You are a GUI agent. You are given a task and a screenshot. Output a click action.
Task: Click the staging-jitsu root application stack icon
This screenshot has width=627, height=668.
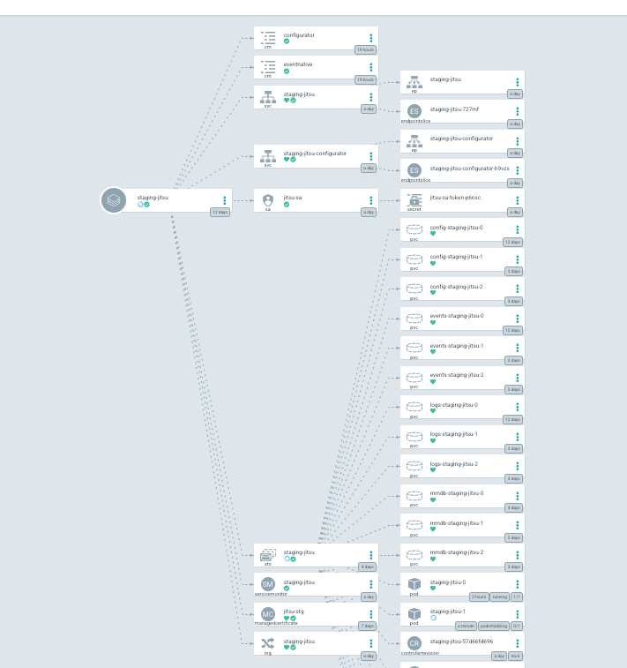[x=114, y=200]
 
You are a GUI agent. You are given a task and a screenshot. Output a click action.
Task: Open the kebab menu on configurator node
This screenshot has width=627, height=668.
[x=371, y=38]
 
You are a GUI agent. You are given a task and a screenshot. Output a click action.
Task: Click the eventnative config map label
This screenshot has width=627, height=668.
[x=297, y=64]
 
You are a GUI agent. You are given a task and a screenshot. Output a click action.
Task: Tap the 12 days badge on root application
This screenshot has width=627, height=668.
[x=220, y=213]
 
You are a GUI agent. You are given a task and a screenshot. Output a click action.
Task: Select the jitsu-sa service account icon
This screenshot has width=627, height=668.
[x=268, y=200]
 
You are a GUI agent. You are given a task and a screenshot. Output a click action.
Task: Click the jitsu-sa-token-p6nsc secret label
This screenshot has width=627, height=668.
[x=456, y=198]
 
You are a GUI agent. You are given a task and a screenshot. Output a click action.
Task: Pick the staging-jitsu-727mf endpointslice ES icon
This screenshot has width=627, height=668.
[x=414, y=111]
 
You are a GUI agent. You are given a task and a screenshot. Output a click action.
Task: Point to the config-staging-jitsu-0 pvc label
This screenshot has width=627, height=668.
[x=456, y=227]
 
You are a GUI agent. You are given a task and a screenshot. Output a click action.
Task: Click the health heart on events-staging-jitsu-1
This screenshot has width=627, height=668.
[x=433, y=352]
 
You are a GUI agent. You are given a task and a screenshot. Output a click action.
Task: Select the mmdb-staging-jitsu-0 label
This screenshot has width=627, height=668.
[x=456, y=493]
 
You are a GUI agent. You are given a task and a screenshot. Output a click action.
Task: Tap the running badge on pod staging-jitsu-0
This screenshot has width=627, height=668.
[x=500, y=597]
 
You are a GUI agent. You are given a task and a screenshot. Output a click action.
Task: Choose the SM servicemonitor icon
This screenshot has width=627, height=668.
[x=268, y=585]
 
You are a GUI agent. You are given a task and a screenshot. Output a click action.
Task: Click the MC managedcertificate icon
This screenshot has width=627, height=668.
[x=268, y=614]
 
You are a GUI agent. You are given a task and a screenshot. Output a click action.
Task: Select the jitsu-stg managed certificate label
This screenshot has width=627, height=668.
[x=294, y=611]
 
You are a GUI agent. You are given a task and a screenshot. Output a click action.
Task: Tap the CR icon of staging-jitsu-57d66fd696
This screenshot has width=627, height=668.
[x=414, y=644]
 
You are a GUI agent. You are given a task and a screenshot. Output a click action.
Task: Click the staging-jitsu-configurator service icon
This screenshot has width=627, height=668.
[x=268, y=156]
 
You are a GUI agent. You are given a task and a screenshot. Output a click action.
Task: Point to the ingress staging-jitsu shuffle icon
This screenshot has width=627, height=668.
[x=268, y=644]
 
